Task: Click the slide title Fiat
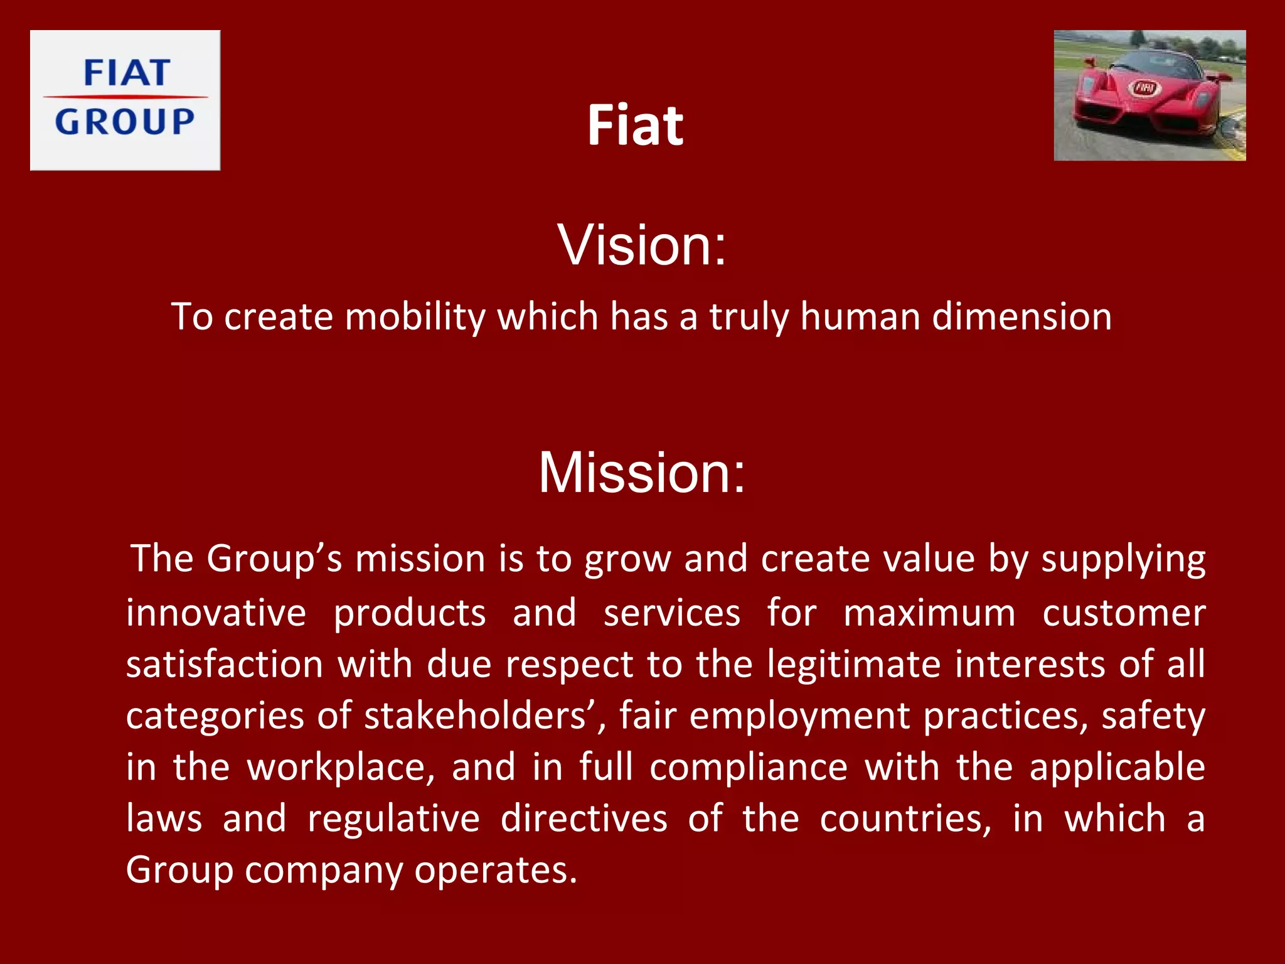(635, 126)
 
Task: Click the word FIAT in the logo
(126, 73)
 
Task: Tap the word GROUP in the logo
(125, 121)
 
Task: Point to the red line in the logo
(125, 97)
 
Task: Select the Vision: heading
(642, 245)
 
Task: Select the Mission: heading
(642, 473)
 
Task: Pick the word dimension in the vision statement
(1021, 316)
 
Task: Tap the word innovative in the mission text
(216, 613)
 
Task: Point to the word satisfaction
(224, 665)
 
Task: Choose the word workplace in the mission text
(340, 768)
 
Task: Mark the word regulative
(393, 819)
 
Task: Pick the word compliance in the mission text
(748, 768)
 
